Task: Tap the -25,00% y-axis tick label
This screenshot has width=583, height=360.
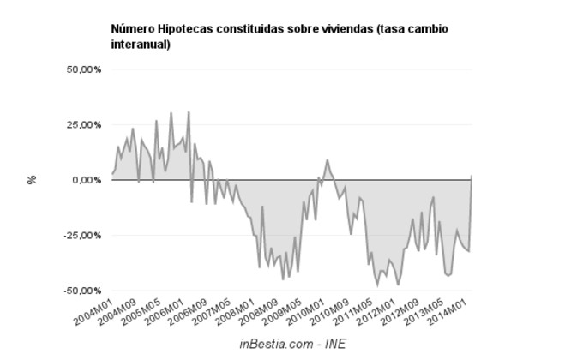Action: click(x=82, y=235)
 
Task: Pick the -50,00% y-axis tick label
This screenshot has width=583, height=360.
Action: click(x=82, y=291)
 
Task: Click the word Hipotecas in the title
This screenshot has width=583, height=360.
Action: click(x=182, y=29)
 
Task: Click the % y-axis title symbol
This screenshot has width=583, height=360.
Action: click(x=32, y=180)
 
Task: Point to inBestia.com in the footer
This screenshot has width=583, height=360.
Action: click(x=273, y=344)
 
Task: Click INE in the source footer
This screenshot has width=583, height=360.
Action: click(x=334, y=344)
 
